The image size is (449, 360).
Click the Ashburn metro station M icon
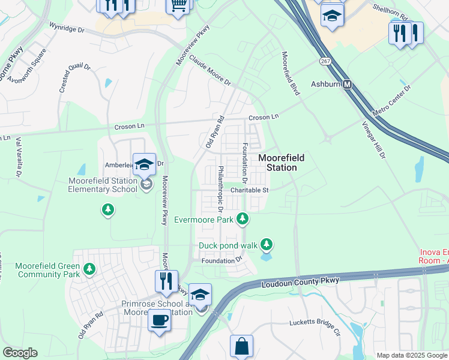point(346,85)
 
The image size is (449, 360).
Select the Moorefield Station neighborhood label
point(281,163)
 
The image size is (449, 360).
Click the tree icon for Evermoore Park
point(243,219)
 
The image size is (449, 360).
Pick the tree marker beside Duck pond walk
point(267,245)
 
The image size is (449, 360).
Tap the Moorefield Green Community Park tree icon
point(89,269)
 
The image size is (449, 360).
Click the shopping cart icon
point(178,5)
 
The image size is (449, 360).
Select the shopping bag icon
point(241,346)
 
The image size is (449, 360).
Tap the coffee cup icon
point(159,319)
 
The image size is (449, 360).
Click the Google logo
point(20,353)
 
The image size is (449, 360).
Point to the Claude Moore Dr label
point(210,71)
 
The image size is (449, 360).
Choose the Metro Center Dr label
point(392,101)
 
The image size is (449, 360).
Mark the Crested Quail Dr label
point(74,78)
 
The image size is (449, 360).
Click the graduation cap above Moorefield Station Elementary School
point(145,164)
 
